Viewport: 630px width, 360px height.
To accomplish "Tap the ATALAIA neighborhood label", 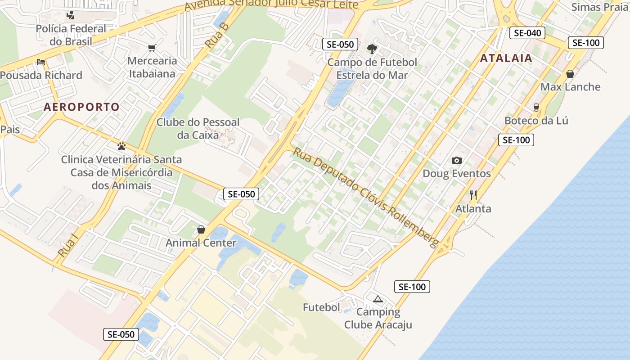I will (x=506, y=58).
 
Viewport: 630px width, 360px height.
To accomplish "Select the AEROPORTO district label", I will (x=81, y=107).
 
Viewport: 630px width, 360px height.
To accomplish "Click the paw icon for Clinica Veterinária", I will (x=121, y=146).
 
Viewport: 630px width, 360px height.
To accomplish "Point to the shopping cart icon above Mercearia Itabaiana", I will (x=152, y=48).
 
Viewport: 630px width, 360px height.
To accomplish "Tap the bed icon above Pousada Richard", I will (x=41, y=62).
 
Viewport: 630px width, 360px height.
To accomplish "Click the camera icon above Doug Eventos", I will (x=456, y=160).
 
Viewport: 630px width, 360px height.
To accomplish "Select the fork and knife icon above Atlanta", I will (x=473, y=195).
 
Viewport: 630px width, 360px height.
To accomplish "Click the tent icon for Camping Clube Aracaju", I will (x=378, y=298).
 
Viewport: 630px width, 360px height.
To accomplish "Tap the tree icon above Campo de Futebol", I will (x=372, y=49).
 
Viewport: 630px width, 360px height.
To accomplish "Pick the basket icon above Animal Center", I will (x=201, y=229).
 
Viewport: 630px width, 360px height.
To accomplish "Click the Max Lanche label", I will (x=570, y=87).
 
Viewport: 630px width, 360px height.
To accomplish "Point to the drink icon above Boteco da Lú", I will (x=536, y=107).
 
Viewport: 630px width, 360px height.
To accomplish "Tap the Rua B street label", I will (x=217, y=36).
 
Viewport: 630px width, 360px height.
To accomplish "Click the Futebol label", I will (x=321, y=308).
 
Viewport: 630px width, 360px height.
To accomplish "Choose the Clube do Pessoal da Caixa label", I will (x=198, y=128).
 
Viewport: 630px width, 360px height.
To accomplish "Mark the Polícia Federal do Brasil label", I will (x=71, y=35).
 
